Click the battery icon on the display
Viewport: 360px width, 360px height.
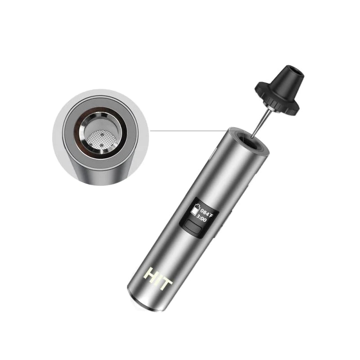(x=195, y=210)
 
